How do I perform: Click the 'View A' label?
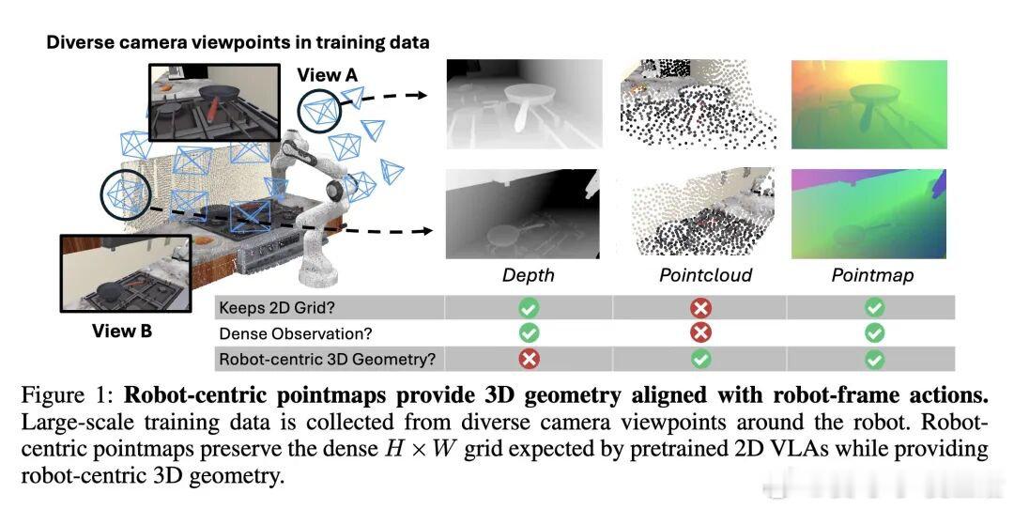click(x=327, y=75)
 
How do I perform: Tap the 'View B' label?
click(x=121, y=332)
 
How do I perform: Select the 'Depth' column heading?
click(x=529, y=275)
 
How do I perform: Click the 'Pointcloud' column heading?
click(x=705, y=275)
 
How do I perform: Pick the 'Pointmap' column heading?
click(x=872, y=275)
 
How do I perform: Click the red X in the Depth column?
click(x=529, y=359)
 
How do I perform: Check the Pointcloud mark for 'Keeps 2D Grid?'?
click(x=701, y=307)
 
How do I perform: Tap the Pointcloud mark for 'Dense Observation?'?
click(x=701, y=332)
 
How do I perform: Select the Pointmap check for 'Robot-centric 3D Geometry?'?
click(x=874, y=359)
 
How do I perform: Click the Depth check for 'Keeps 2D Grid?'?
click(x=529, y=307)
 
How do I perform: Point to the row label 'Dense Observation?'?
click(x=296, y=333)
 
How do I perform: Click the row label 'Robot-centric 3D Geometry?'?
click(x=328, y=359)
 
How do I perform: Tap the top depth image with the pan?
click(x=525, y=104)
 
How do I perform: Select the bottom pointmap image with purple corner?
click(x=868, y=214)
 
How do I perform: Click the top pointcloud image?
click(x=699, y=104)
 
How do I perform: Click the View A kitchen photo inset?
click(x=214, y=102)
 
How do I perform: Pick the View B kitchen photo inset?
click(x=126, y=273)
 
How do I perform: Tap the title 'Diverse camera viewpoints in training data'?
click(x=238, y=42)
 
